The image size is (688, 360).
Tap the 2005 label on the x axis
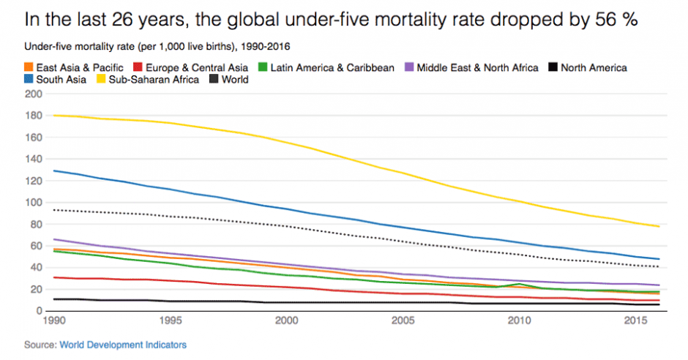[403, 321]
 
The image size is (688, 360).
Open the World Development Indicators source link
[123, 344]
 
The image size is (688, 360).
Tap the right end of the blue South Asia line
[659, 259]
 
